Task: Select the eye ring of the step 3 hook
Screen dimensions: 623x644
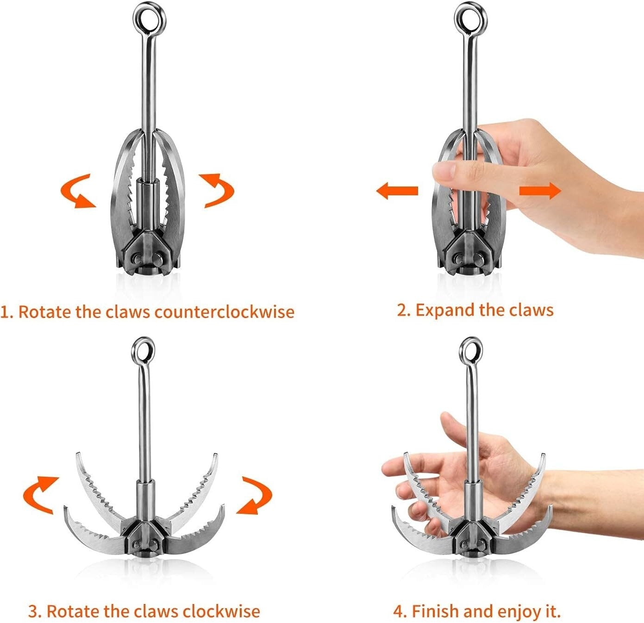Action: coord(143,349)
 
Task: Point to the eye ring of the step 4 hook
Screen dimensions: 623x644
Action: coord(471,349)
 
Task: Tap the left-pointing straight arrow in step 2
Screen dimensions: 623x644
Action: coord(397,190)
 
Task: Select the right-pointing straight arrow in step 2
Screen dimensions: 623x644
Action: coord(540,190)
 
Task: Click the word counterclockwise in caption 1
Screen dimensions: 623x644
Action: coord(224,311)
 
